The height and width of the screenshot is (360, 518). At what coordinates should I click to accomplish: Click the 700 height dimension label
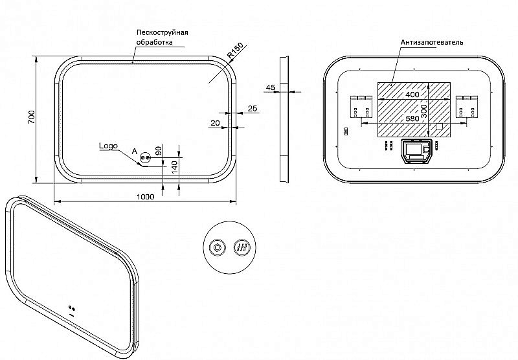[x=31, y=117]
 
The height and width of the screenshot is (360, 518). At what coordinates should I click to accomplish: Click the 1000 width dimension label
[x=145, y=197]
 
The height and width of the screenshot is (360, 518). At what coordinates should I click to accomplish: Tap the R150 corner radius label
[x=235, y=51]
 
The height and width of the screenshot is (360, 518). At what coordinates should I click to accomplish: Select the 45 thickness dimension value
[x=271, y=87]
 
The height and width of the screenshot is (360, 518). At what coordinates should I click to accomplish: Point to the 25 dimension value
[x=253, y=108]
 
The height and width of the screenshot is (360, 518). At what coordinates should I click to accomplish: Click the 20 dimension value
[x=215, y=123]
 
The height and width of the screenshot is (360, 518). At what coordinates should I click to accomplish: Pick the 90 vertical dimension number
[x=159, y=151]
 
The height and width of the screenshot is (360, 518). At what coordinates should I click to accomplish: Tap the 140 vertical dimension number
[x=175, y=167]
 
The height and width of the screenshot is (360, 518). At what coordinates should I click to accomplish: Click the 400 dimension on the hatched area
[x=412, y=95]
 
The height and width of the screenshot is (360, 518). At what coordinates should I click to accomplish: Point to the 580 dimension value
[x=412, y=118]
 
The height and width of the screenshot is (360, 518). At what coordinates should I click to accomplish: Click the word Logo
[x=108, y=146]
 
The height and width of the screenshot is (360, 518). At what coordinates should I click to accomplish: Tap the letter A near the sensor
[x=135, y=152]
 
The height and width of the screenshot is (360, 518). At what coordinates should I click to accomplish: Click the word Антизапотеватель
[x=432, y=42]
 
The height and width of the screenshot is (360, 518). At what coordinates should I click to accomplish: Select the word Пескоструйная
[x=163, y=32]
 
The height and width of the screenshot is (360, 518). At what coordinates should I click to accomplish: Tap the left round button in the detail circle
[x=218, y=247]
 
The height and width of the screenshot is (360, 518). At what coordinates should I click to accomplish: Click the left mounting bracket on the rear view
[x=361, y=107]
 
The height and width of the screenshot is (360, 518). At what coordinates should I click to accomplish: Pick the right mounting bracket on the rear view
[x=467, y=107]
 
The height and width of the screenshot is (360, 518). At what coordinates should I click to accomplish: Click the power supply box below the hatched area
[x=416, y=152]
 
